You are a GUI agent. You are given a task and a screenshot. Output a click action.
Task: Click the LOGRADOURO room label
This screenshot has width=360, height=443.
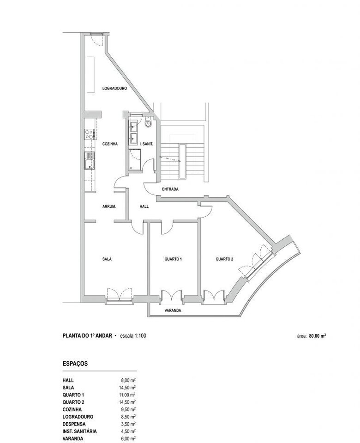114,88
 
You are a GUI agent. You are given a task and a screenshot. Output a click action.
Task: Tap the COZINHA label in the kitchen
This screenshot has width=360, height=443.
110,144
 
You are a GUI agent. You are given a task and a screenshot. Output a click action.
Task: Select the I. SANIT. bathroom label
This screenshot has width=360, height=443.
146,144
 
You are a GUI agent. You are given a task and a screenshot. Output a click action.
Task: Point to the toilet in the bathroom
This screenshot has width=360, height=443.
148,123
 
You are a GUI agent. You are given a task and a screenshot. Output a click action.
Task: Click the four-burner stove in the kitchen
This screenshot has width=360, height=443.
89,134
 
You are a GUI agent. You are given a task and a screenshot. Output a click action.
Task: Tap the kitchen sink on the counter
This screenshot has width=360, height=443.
89,160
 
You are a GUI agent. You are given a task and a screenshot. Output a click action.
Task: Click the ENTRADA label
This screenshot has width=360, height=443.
170,189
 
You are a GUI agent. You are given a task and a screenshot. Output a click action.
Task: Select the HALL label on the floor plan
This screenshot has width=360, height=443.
144,206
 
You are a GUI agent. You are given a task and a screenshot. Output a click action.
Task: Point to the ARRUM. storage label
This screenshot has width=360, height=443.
109,206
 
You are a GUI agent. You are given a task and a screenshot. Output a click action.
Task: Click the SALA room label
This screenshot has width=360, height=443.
107,259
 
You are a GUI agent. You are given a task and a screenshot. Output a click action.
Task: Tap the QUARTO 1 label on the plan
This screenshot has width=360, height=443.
173,259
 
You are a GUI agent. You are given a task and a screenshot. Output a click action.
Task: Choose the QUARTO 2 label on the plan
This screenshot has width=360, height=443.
224,259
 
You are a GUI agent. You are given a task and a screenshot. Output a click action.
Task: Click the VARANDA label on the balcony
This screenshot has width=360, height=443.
173,310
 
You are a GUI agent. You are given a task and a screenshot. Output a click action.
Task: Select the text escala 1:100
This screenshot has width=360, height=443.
133,336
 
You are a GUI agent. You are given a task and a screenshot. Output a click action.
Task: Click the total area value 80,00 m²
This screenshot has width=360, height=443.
318,336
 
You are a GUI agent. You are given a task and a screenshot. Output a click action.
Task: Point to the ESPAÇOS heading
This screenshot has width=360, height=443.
75,364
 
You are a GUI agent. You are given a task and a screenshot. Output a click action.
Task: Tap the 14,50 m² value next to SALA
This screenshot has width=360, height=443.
127,388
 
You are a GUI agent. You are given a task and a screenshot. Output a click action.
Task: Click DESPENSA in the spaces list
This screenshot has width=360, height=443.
74,424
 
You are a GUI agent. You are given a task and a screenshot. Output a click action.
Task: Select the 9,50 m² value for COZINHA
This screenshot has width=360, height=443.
128,409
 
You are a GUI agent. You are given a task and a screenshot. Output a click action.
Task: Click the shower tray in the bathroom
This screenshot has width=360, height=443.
135,160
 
